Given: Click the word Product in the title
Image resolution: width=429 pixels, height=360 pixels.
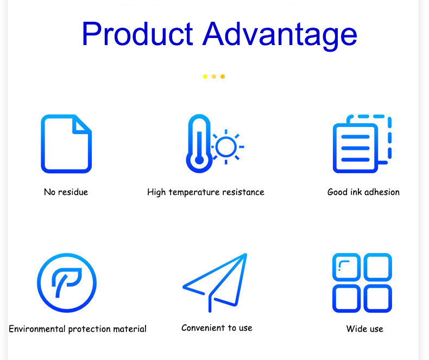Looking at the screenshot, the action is point(137,34).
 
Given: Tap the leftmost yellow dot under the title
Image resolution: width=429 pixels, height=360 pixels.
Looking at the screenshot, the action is point(205,77).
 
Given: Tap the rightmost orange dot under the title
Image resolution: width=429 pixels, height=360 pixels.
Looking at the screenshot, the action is point(223,77).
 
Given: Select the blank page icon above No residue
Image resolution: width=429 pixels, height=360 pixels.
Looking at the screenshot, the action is point(43,144).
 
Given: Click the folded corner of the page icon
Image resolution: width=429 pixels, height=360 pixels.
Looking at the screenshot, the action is point(81,125).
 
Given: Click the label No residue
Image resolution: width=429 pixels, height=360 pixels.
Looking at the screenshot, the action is point(66,192).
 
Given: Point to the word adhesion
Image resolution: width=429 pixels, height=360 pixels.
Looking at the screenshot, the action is point(382,192).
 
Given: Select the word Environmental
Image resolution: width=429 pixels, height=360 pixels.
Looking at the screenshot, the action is point(37,329).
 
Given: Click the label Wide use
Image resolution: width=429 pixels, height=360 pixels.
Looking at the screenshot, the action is point(365,329).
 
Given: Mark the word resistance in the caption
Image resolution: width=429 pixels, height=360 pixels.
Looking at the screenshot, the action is point(243,192).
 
